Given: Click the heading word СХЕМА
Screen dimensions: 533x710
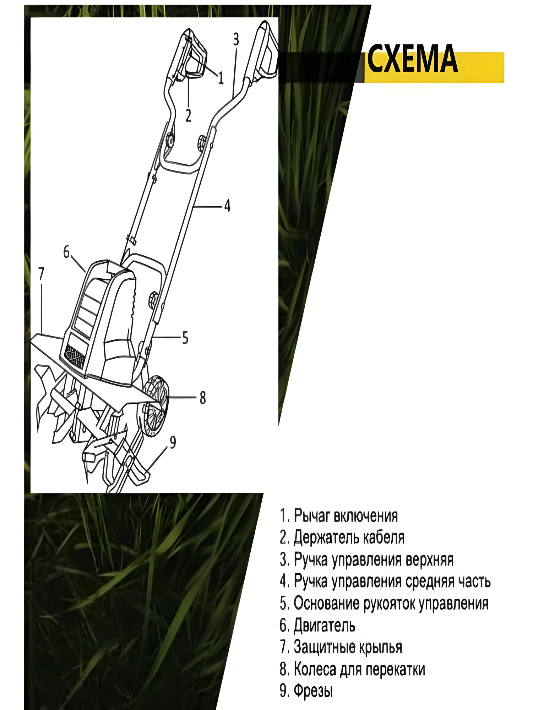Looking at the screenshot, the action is (412, 59).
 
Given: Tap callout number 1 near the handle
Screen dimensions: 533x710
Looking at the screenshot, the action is (221, 77).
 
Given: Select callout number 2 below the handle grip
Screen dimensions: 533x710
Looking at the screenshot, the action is (188, 115).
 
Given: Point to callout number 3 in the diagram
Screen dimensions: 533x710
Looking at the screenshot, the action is (236, 39).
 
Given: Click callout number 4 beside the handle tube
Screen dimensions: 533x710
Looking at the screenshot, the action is (227, 206).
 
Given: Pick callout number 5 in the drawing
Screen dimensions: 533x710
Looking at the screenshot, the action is (185, 338).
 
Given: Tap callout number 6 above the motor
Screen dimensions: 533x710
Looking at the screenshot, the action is (66, 252).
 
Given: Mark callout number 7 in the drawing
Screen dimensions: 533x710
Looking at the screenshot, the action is (41, 274).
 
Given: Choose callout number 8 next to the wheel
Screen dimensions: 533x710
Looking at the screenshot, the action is (203, 398).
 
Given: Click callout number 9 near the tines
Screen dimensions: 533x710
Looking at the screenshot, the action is (173, 442).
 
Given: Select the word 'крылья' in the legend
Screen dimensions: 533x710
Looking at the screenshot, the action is (380, 648).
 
